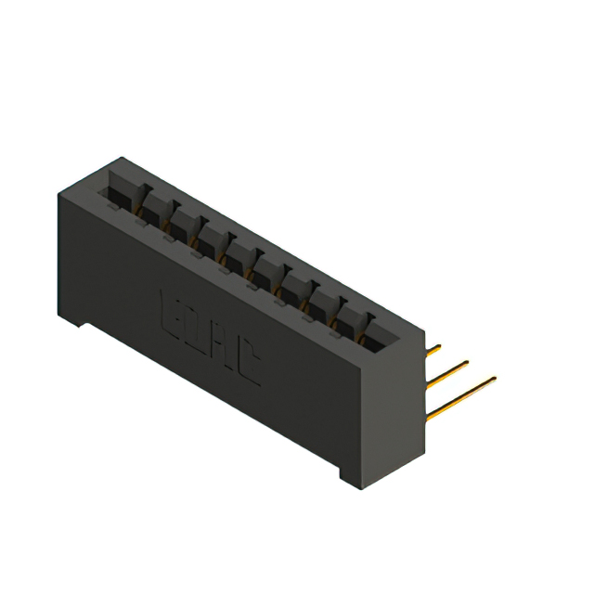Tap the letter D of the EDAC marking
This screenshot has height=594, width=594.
198,329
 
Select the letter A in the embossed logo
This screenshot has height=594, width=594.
223,346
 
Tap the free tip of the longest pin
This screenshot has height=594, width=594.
495,377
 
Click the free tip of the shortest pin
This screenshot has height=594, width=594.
439,347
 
